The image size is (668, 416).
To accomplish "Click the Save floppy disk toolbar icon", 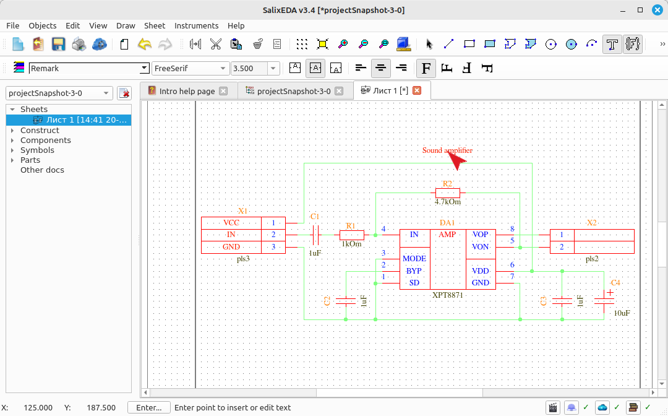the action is pyautogui.click(x=58, y=44).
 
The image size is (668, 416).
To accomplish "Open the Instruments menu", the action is pyautogui.click(x=196, y=25).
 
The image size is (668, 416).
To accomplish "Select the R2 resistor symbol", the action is pyautogui.click(x=448, y=193).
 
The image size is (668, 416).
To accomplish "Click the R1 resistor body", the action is pyautogui.click(x=352, y=235).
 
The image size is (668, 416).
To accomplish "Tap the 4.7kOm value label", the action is pyautogui.click(x=448, y=202).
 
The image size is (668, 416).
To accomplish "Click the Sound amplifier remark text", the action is pyautogui.click(x=447, y=150).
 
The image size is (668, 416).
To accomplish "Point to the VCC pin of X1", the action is pyautogui.click(x=231, y=222).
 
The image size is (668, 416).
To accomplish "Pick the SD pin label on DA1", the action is pyautogui.click(x=414, y=282).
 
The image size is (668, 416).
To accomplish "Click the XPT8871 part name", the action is pyautogui.click(x=447, y=295).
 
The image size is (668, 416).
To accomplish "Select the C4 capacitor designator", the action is pyautogui.click(x=615, y=282).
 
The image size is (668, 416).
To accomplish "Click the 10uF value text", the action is pyautogui.click(x=622, y=313).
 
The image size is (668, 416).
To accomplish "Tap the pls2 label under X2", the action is pyautogui.click(x=592, y=259).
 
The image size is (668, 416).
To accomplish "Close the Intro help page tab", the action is pyautogui.click(x=223, y=91).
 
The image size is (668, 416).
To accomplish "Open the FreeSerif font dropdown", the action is pyautogui.click(x=190, y=68).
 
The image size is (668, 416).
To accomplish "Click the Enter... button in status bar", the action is pyautogui.click(x=148, y=407).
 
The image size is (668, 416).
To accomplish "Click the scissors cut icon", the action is pyautogui.click(x=216, y=44).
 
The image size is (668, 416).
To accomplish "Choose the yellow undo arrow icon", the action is pyautogui.click(x=144, y=44).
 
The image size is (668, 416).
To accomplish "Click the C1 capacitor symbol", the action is pyautogui.click(x=315, y=235).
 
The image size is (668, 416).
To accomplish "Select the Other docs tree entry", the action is pyautogui.click(x=42, y=170).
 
